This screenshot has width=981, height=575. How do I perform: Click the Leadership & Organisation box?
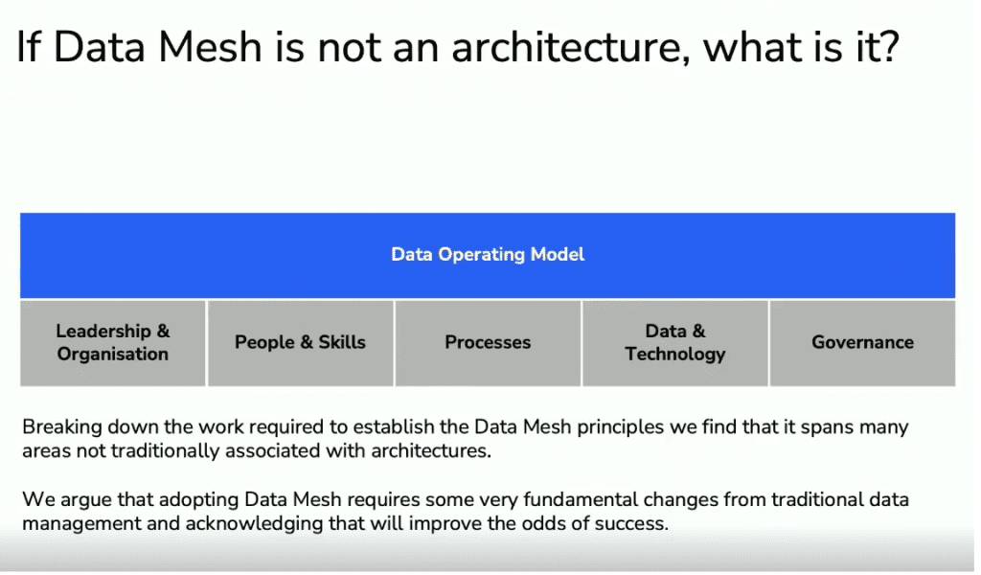(x=113, y=343)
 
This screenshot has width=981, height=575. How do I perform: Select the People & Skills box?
(x=300, y=343)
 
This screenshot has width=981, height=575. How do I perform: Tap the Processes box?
(x=488, y=343)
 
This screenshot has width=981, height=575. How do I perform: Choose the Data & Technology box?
(x=675, y=343)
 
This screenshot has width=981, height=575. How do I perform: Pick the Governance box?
(x=863, y=343)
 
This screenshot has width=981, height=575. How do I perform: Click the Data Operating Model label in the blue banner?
(x=488, y=254)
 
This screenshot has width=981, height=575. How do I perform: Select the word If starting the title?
(x=28, y=46)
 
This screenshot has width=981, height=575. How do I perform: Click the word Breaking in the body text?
(x=62, y=428)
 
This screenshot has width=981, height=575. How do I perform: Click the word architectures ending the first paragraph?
(x=431, y=450)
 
